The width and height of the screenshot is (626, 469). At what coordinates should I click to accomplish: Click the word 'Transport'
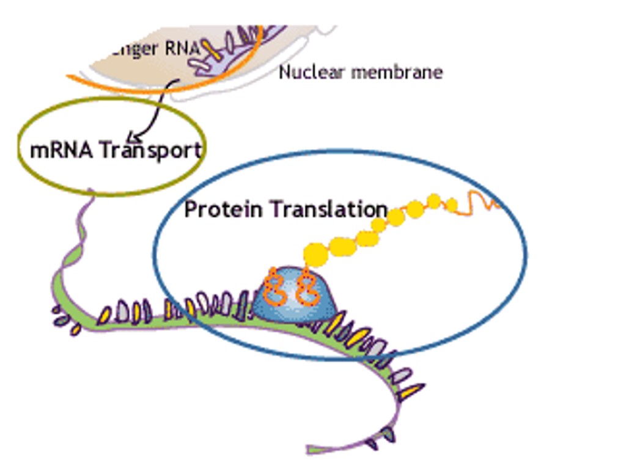[150, 150]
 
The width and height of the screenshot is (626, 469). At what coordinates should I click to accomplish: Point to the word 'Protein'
[224, 209]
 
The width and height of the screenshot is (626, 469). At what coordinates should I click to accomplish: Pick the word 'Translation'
[329, 209]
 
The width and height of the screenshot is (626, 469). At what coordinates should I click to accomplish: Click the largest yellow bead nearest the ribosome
[315, 254]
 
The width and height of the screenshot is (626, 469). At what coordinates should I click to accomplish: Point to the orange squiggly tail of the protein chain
[483, 201]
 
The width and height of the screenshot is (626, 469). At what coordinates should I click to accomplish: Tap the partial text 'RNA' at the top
[182, 48]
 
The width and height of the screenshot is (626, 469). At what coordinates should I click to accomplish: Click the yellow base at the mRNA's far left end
[75, 329]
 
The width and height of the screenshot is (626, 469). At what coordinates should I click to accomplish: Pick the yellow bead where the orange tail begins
[452, 205]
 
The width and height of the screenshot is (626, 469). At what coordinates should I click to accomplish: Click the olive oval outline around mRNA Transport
[110, 99]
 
